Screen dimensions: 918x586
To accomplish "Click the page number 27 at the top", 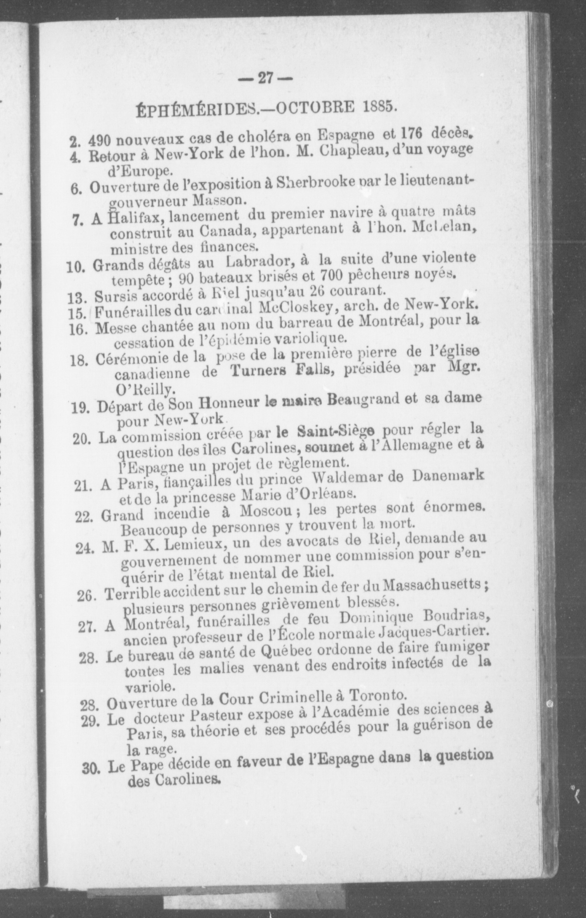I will tap(264, 78).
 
